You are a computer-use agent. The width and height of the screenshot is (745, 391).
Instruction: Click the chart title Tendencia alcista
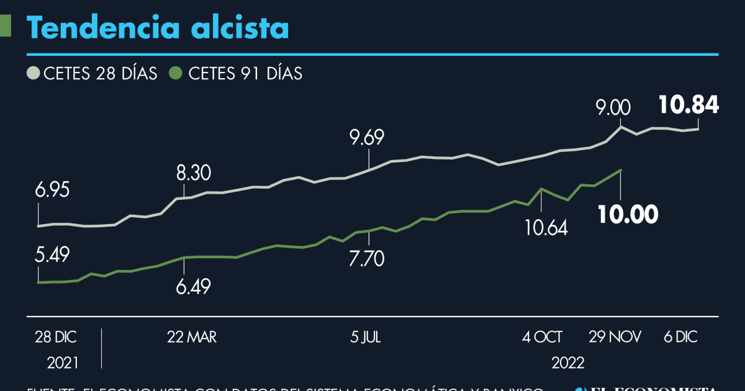point(158,28)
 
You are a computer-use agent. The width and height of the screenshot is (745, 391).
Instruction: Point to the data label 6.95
point(52,191)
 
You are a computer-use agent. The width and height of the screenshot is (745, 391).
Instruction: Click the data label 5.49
point(52,255)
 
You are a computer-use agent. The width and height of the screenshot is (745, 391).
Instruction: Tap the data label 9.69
point(367,137)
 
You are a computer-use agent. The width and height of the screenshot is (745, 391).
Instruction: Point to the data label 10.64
point(542,228)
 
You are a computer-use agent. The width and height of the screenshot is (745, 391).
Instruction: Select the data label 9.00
point(613,109)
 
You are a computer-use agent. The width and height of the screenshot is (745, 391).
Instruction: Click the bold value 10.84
point(689,105)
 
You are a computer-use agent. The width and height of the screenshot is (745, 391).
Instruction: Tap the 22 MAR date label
point(192,337)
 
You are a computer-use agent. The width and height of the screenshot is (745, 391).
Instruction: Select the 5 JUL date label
point(366,337)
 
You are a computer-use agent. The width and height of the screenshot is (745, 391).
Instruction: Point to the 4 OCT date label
point(542,337)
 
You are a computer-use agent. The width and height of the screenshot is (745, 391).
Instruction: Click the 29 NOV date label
point(616,337)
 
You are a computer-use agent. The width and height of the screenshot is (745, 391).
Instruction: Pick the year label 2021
point(64,362)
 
